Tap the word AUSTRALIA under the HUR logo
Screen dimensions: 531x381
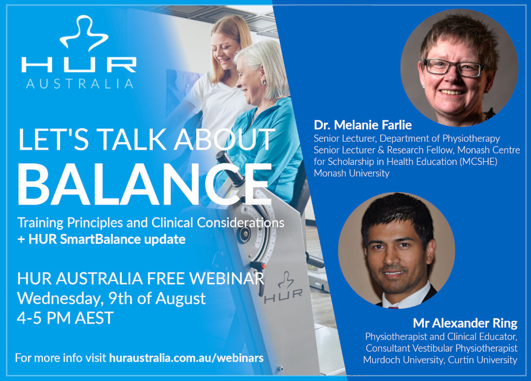[x=80, y=84]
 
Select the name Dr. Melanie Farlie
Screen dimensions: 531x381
[x=362, y=125]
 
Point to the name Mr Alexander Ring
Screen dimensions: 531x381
[x=465, y=323]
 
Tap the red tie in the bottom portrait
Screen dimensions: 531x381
[x=393, y=307]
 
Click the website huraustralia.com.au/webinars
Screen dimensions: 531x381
[x=186, y=358]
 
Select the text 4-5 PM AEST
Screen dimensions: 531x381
[x=65, y=318]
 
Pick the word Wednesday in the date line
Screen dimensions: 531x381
[x=60, y=299]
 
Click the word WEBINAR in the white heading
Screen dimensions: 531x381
[x=226, y=278]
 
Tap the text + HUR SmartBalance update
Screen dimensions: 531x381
[x=101, y=239]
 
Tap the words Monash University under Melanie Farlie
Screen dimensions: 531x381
[x=352, y=173]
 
